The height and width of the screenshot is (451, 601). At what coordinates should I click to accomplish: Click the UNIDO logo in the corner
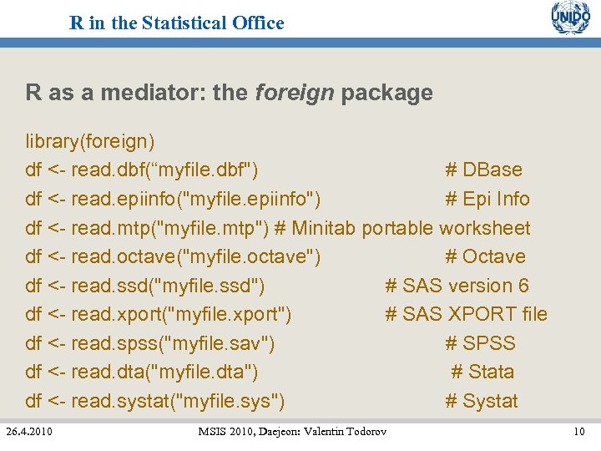pyautogui.click(x=570, y=19)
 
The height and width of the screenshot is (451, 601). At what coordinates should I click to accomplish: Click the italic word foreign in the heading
pyautogui.click(x=294, y=93)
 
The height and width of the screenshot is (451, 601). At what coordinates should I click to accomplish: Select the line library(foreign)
pyautogui.click(x=89, y=141)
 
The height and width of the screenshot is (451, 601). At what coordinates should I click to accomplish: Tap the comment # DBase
pyautogui.click(x=483, y=170)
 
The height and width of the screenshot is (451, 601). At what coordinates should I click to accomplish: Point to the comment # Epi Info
pyautogui.click(x=487, y=199)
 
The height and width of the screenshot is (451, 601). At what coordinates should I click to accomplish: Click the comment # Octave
pyautogui.click(x=485, y=256)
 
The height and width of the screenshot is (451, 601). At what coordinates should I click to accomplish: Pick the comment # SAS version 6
pyautogui.click(x=457, y=286)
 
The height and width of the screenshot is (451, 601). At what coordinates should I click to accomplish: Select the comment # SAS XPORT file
pyautogui.click(x=466, y=314)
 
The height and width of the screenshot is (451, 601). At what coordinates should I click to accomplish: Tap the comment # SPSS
pyautogui.click(x=480, y=343)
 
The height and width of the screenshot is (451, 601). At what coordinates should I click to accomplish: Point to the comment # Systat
pyautogui.click(x=481, y=401)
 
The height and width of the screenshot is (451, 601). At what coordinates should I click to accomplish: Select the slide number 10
pyautogui.click(x=578, y=432)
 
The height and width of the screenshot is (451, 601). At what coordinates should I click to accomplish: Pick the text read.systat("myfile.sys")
pyautogui.click(x=178, y=401)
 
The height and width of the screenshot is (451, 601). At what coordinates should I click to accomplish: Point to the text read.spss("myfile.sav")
pyautogui.click(x=173, y=343)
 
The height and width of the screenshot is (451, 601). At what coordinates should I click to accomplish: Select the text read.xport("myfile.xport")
pyautogui.click(x=181, y=314)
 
